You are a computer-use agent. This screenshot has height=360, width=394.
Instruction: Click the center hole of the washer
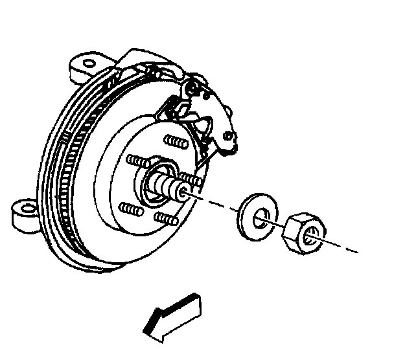[259, 216]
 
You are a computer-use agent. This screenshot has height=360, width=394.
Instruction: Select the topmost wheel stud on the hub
[173, 141]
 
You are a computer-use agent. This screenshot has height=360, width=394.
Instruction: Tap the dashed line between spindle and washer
[214, 201]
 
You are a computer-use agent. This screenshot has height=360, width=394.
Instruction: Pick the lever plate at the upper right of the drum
[211, 117]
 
